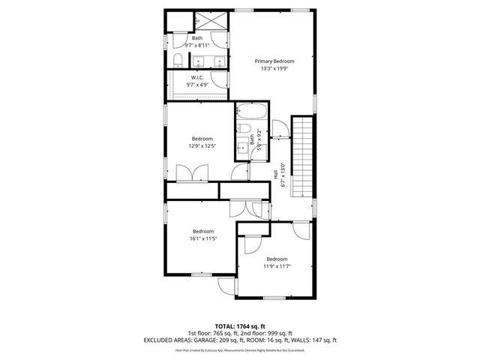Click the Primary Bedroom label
[x=274, y=61]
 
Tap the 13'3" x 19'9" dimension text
[x=274, y=68]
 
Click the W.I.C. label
[x=197, y=77]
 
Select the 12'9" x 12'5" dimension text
[x=202, y=146]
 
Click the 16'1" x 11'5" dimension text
[x=202, y=238]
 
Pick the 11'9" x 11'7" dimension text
[x=276, y=266]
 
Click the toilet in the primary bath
[x=175, y=60]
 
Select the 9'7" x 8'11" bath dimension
[x=197, y=44]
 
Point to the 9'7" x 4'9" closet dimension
[x=197, y=85]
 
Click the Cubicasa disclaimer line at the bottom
[x=240, y=349]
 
